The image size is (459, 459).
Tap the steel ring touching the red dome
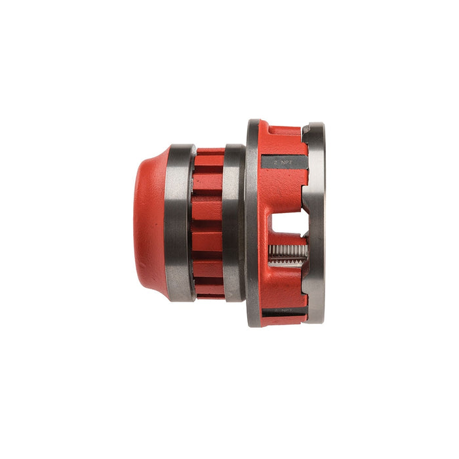tap(180, 223)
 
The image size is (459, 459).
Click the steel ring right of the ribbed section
tap(234, 223)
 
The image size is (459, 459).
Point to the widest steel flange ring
tap(252, 223)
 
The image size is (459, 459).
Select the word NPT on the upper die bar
tap(287, 159)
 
